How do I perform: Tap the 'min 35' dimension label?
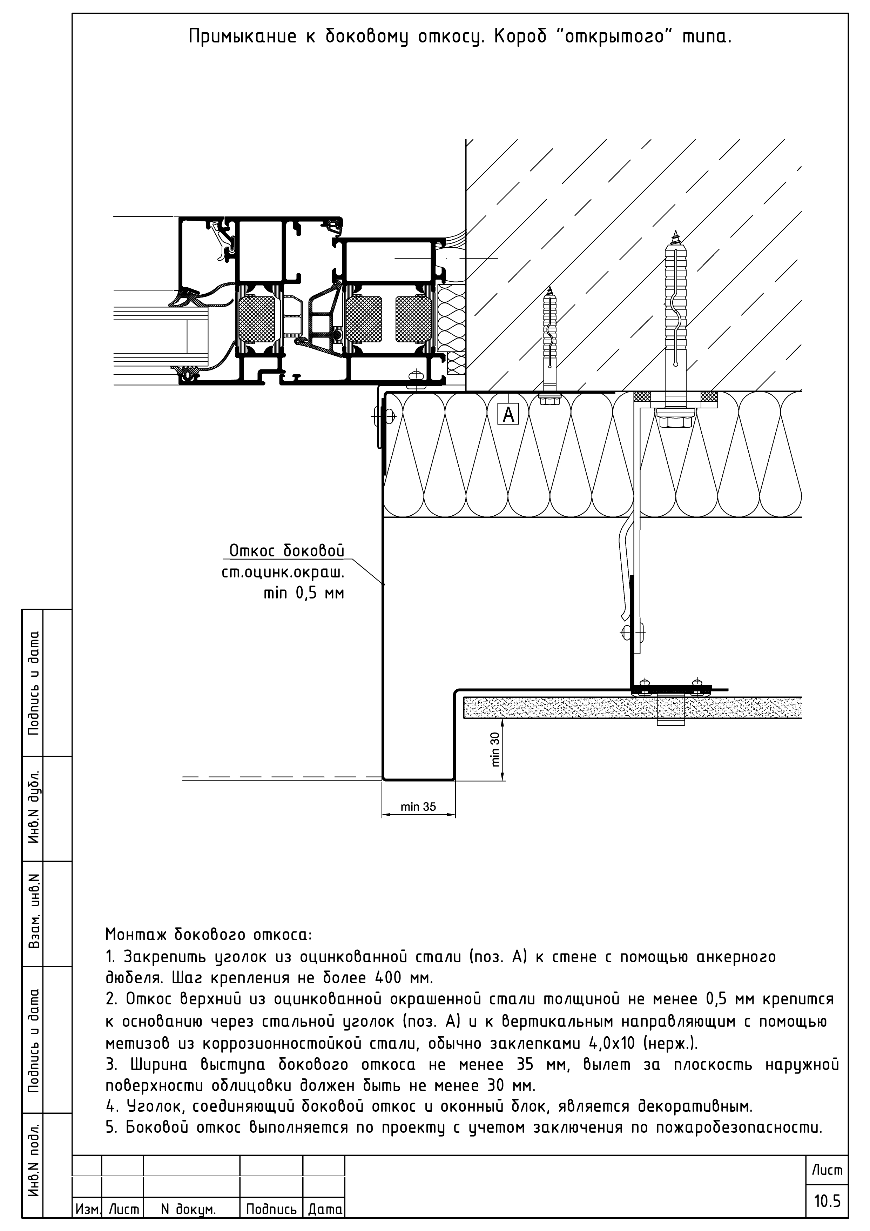[418, 807]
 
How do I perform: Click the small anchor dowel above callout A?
[549, 343]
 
